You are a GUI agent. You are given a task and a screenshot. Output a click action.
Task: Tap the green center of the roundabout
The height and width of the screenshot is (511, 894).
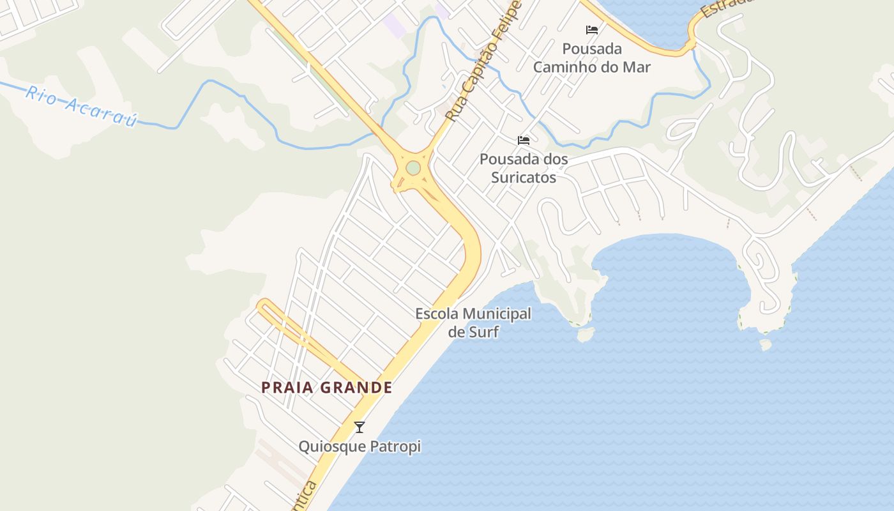[x=413, y=168]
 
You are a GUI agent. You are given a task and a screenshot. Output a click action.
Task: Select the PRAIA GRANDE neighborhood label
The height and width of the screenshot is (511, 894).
[x=326, y=387]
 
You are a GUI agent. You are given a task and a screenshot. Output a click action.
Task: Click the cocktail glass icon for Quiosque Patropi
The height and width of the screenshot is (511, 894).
[x=360, y=427]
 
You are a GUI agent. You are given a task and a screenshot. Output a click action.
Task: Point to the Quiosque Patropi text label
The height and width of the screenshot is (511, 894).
[x=360, y=446]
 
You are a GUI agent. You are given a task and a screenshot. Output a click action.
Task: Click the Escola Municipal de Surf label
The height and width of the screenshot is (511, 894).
[x=473, y=323]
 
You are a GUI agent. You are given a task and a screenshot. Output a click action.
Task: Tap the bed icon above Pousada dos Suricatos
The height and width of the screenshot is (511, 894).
[x=524, y=141]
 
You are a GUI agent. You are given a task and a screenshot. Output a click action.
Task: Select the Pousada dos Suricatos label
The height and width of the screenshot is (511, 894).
[x=524, y=168]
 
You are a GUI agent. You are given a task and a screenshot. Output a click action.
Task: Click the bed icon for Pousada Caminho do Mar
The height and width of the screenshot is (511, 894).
[x=592, y=30]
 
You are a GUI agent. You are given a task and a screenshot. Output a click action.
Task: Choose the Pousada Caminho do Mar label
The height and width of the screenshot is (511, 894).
[x=592, y=57]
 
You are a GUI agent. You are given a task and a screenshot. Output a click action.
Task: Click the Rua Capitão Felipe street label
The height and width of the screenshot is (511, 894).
[x=483, y=62]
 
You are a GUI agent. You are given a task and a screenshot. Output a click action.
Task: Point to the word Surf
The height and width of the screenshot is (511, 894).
[x=483, y=332]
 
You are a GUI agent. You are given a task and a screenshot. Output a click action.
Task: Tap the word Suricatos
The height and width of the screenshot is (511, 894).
[x=524, y=178]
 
